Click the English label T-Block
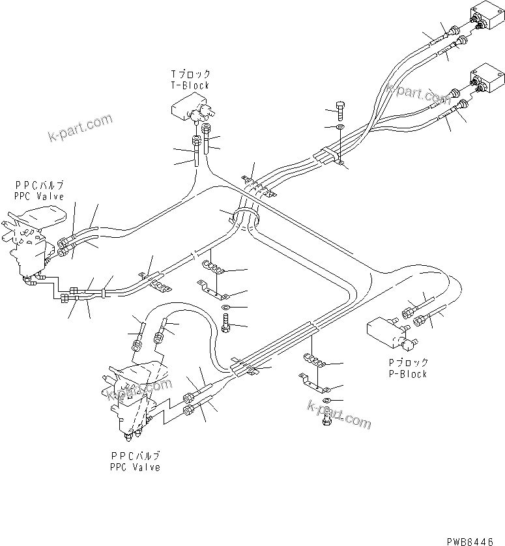pos(190,85)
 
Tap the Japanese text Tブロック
pos(190,75)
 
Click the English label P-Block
pos(408,374)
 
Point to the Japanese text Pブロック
pos(408,363)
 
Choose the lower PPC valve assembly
pos(130,397)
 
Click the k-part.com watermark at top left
pos(80,128)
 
